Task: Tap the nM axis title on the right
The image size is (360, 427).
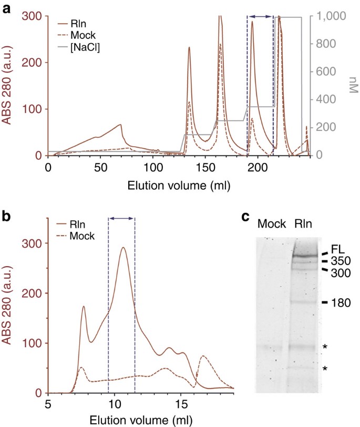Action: coord(353,86)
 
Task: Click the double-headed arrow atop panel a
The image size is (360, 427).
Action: coord(260,17)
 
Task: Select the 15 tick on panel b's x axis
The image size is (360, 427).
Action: coord(181,405)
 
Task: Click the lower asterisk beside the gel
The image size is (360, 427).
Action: coord(326,369)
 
